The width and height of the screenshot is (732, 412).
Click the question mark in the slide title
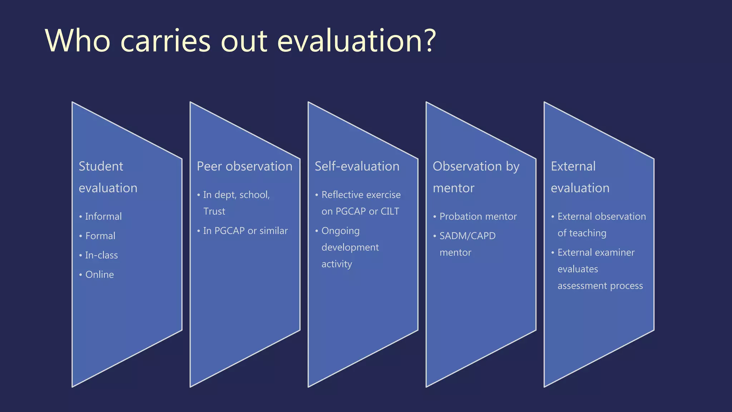click(428, 41)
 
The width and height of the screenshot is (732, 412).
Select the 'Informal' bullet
click(103, 216)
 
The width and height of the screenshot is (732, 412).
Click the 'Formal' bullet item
click(100, 236)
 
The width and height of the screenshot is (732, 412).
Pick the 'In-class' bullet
click(101, 255)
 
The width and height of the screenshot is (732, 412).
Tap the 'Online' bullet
click(99, 274)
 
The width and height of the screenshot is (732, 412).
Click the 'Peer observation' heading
click(244, 166)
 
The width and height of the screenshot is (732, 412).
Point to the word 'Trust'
click(214, 211)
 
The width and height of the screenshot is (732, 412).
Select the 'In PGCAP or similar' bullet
click(245, 231)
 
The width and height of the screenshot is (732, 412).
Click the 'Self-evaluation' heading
click(357, 166)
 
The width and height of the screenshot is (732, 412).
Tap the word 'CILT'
click(390, 211)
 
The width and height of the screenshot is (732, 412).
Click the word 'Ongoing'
click(340, 231)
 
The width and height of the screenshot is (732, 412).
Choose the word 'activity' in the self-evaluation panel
click(337, 264)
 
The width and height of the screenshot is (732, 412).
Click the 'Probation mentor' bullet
click(478, 216)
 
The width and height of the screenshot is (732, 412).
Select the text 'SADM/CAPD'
click(467, 236)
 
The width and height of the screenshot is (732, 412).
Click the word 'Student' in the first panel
click(101, 166)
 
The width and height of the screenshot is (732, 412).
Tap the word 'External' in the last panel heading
click(573, 166)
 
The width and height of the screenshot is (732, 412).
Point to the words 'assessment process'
click(600, 286)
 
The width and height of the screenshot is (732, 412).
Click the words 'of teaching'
click(582, 233)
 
